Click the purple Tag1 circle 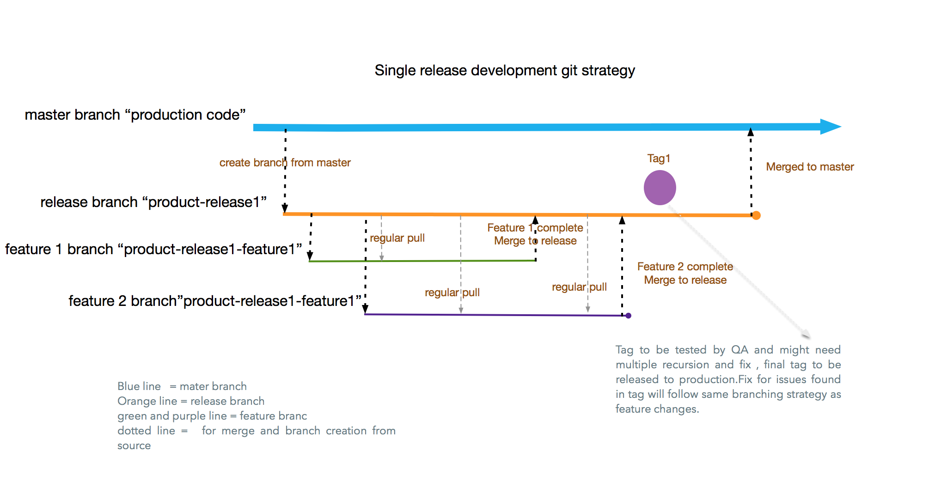click(x=660, y=188)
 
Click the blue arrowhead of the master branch click(x=830, y=127)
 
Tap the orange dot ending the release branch click(x=756, y=215)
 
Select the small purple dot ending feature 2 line click(x=628, y=316)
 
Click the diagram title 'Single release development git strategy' click(x=504, y=71)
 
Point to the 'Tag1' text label click(x=659, y=159)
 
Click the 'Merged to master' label click(x=810, y=167)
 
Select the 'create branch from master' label click(x=285, y=163)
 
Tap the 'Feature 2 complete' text click(x=685, y=267)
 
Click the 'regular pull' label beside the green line click(x=397, y=238)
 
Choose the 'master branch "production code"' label click(x=135, y=115)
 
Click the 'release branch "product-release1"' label click(x=153, y=202)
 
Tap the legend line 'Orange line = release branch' click(x=191, y=401)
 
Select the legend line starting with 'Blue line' click(x=182, y=386)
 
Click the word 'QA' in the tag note click(x=739, y=350)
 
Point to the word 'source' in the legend click(x=134, y=446)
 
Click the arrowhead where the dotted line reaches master click(x=751, y=133)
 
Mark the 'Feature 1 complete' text click(x=535, y=228)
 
